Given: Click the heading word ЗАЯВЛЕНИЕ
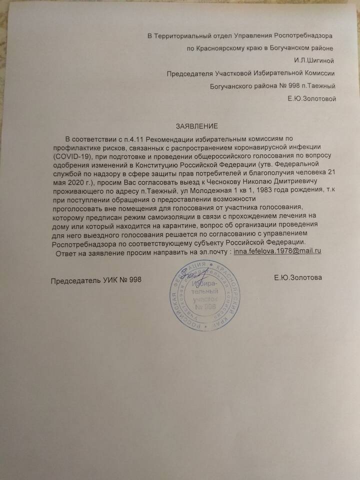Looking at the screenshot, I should [x=196, y=125].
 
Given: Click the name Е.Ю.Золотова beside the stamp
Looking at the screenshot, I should [x=297, y=277].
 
